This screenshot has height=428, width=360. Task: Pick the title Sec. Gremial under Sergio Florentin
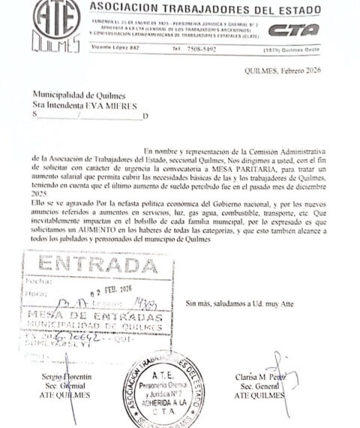[60, 384]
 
